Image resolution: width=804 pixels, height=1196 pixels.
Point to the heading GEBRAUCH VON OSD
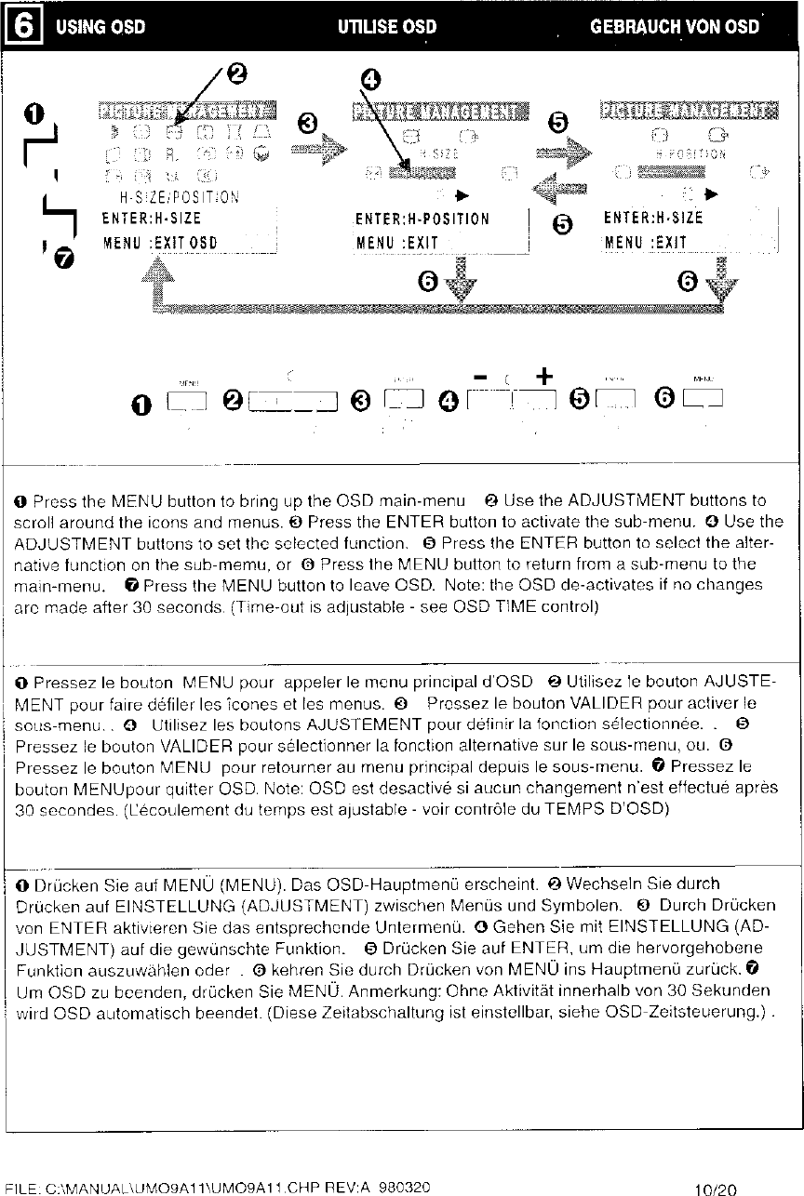click(675, 26)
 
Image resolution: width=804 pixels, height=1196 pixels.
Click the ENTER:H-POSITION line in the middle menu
click(422, 219)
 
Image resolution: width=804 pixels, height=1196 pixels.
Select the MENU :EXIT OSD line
click(159, 244)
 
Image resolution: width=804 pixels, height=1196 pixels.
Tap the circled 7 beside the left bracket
click(62, 259)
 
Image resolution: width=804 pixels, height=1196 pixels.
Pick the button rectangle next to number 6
click(704, 400)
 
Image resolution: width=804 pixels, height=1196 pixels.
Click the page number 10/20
click(716, 1188)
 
